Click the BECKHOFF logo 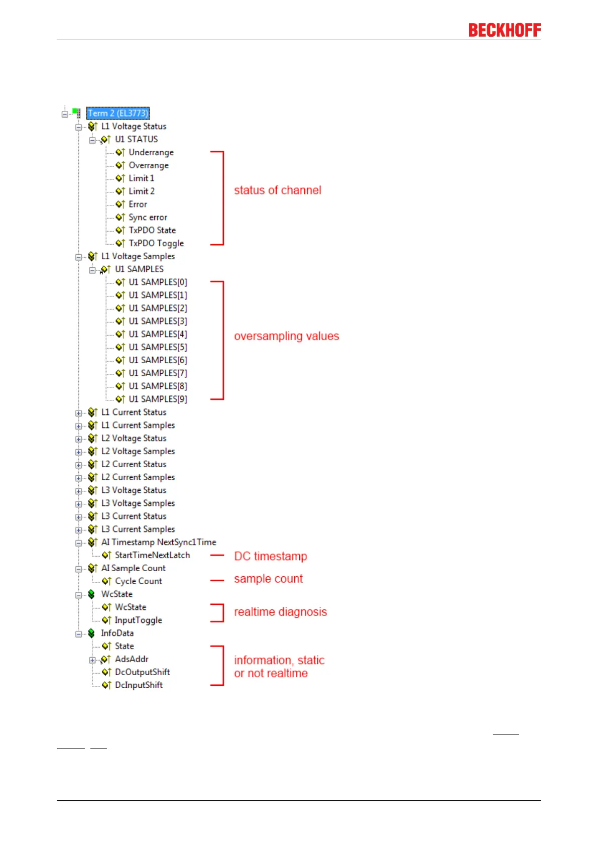click(504, 30)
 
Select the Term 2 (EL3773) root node click(118, 113)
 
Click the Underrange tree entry click(151, 152)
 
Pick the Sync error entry click(148, 217)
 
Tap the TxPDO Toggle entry click(156, 243)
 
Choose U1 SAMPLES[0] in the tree click(157, 282)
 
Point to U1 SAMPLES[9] click(157, 399)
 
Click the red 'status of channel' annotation click(277, 190)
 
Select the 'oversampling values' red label click(286, 336)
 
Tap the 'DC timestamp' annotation click(270, 556)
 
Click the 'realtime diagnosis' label click(280, 612)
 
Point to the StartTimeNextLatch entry click(152, 555)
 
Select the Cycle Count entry click(138, 581)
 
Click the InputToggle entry click(138, 620)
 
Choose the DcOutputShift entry click(142, 672)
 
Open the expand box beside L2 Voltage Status click(78, 439)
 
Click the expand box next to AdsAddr click(92, 660)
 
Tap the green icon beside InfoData click(91, 633)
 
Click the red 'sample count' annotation click(268, 579)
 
